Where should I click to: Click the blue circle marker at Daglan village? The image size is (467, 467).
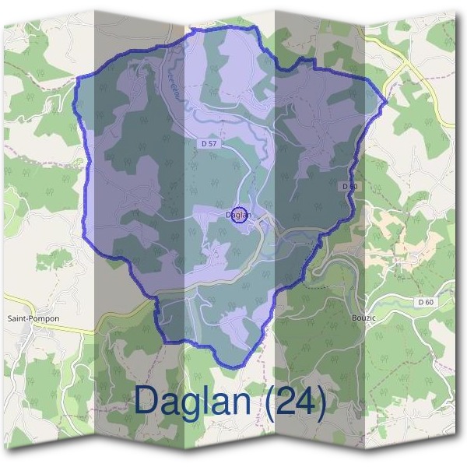coord(240,216)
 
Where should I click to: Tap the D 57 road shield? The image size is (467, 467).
coord(207,144)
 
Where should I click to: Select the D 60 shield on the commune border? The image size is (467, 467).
coord(349,186)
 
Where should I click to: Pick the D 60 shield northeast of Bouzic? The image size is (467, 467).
coord(424,302)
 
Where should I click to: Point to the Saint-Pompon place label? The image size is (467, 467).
coord(33,318)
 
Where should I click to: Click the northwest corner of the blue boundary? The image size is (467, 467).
coord(79,79)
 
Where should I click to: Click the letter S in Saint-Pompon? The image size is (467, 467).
coord(9,318)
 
